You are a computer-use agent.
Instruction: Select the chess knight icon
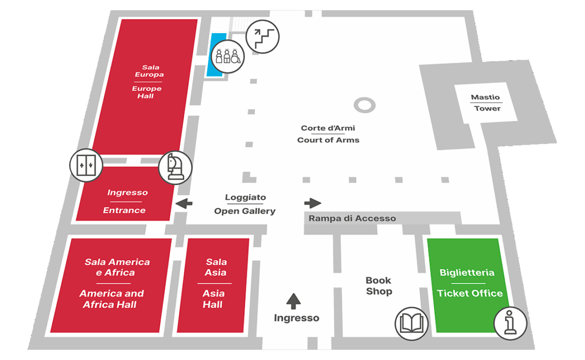[175, 167]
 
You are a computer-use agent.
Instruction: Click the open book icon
[410, 323]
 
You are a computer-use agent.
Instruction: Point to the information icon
[510, 323]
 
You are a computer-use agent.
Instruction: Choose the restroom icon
[227, 56]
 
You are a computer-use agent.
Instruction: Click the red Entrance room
[126, 201]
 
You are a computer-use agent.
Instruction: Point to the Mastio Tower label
[487, 103]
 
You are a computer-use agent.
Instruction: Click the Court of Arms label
[328, 134]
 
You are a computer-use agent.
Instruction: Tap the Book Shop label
[378, 286]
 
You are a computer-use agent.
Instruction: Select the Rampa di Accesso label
[352, 219]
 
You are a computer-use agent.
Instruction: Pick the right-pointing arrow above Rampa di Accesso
[313, 203]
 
